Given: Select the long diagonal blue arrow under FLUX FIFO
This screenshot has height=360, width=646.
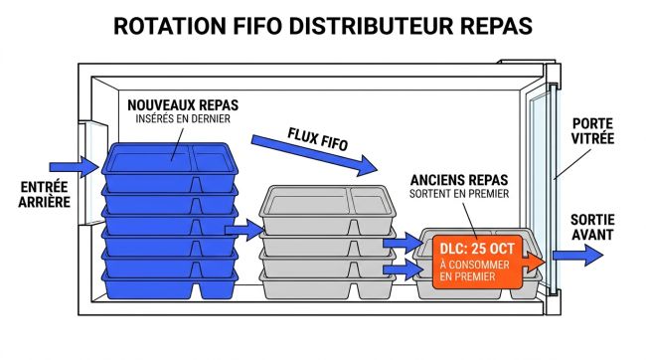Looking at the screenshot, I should coord(313,158).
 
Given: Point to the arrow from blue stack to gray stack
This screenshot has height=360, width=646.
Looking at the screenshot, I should coord(242,232).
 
